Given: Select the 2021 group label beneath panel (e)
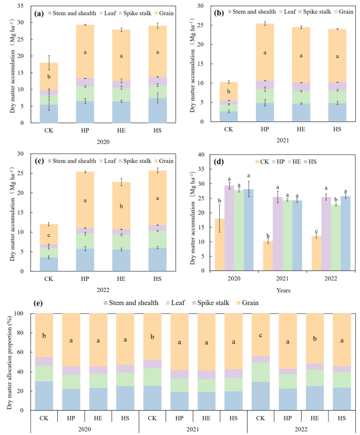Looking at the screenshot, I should [x=192, y=430].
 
